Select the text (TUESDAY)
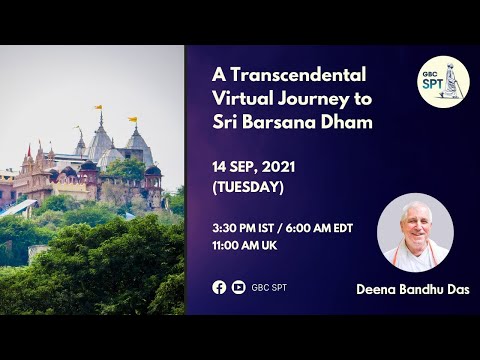coord(247,186)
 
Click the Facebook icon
coord(219,287)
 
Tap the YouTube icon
coord(238,287)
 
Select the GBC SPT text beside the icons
coord(265,287)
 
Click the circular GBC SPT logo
coord(443,82)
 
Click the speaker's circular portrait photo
coord(415,233)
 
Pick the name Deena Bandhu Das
coord(413,290)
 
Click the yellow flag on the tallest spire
coord(98,107)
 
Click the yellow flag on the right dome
coord(132,120)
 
